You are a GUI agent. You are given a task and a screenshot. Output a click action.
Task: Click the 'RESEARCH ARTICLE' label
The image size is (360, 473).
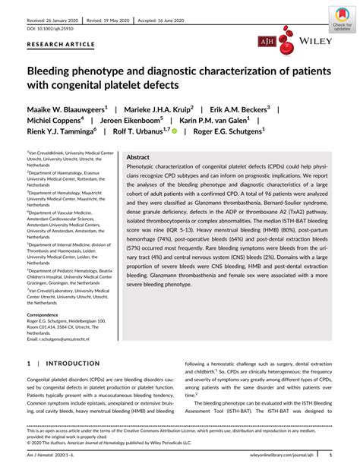(57, 46)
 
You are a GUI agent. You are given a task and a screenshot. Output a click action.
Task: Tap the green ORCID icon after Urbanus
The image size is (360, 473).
(174, 132)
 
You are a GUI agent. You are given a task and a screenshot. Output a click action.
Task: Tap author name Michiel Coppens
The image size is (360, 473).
(56, 121)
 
